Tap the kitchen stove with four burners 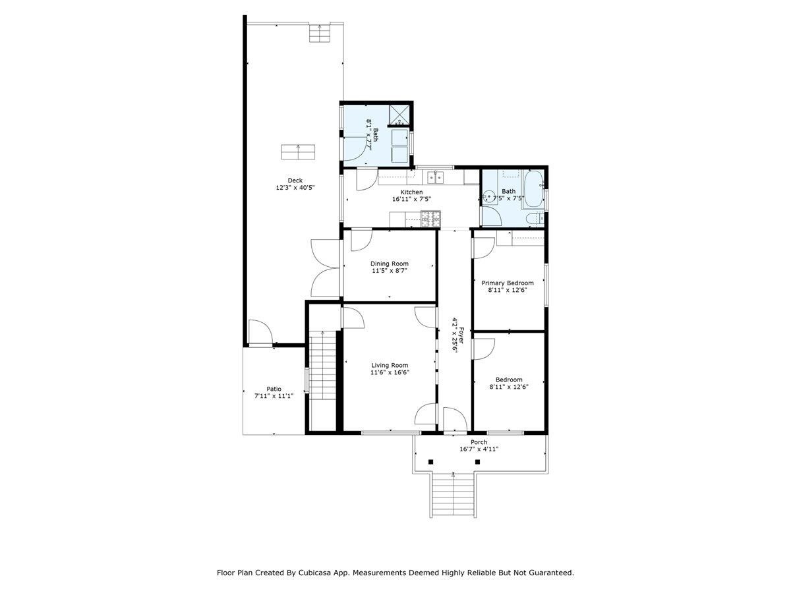(x=430, y=215)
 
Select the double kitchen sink (x=435, y=177)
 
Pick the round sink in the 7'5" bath (x=488, y=196)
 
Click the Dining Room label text (x=389, y=264)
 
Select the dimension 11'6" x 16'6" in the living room (x=389, y=372)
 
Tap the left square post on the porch (x=430, y=462)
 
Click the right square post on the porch (x=477, y=462)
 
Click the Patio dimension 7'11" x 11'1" (x=274, y=396)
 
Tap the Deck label (x=295, y=181)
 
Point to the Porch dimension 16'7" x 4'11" (x=479, y=449)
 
